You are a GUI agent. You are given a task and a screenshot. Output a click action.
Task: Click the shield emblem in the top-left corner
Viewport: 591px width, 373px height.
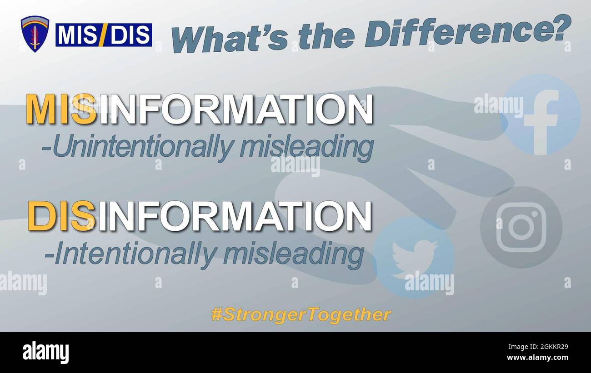(x=35, y=34)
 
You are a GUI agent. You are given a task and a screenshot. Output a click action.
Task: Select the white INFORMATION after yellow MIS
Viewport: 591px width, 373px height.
(x=235, y=109)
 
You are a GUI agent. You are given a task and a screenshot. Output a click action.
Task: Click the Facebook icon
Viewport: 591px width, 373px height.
(x=540, y=115)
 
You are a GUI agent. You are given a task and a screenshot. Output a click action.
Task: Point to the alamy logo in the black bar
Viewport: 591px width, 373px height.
(x=46, y=353)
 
